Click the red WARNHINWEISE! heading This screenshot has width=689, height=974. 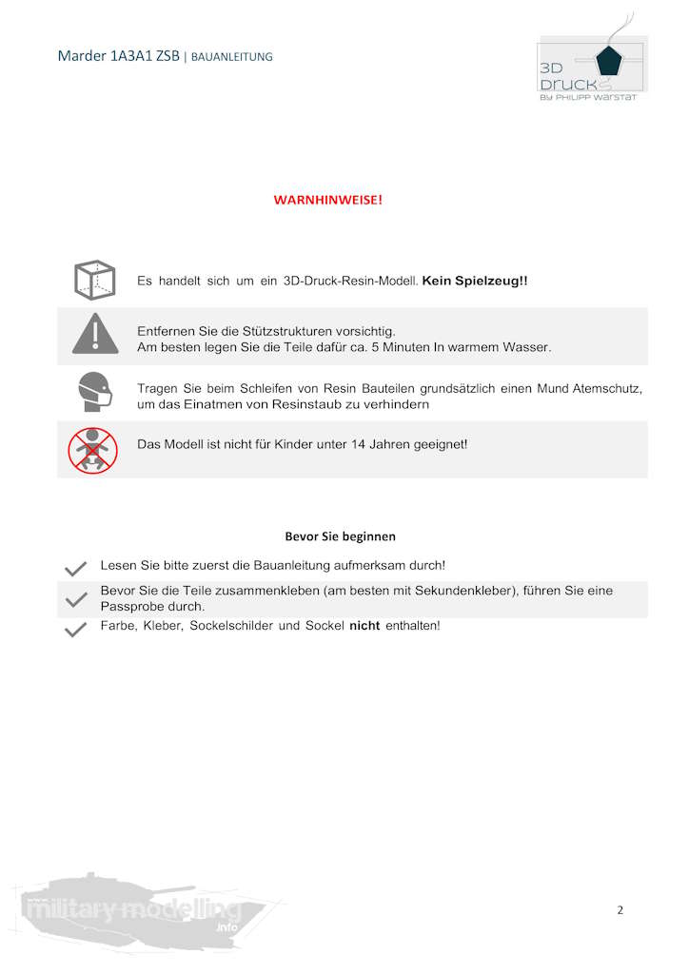click(327, 200)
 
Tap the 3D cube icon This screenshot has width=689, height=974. click(94, 281)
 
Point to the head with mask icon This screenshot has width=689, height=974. click(94, 392)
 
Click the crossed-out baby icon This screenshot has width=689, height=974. click(92, 450)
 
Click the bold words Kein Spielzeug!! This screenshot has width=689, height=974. click(475, 282)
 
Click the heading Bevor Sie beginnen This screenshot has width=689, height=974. click(340, 536)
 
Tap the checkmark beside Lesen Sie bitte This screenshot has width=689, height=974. click(75, 568)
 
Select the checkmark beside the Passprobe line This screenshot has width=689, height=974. click(75, 599)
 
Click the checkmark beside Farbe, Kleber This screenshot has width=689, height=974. click(75, 630)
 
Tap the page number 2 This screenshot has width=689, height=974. click(620, 910)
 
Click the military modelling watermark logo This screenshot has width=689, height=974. click(133, 909)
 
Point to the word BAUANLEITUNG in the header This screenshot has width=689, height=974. click(232, 57)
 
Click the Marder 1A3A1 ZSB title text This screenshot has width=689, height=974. click(118, 56)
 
